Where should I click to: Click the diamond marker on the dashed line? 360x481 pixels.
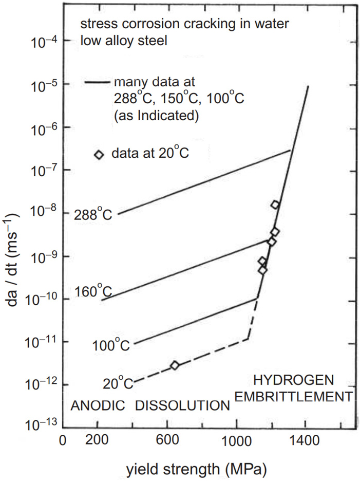[x=175, y=365]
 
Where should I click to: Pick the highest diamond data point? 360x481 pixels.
[x=275, y=205]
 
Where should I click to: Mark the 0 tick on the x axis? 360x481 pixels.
[x=63, y=441]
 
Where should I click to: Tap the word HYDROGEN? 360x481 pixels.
[x=294, y=380]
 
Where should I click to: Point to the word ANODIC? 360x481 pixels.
[x=98, y=405]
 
